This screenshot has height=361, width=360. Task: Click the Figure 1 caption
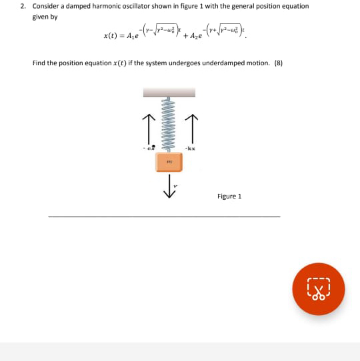click(x=229, y=196)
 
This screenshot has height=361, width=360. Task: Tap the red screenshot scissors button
click(x=318, y=290)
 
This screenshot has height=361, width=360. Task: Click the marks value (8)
click(x=279, y=63)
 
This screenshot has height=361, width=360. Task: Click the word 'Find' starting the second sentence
click(x=39, y=63)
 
